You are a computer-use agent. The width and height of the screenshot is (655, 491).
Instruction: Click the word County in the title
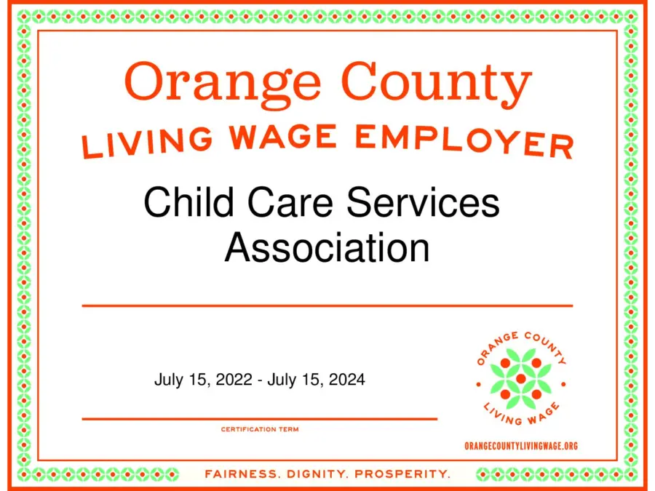437,82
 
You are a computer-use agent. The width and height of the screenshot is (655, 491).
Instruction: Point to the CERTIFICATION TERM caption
260,429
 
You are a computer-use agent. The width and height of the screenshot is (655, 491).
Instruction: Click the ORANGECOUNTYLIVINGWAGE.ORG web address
520,446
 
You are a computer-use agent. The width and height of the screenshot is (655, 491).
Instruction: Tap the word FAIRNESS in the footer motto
241,474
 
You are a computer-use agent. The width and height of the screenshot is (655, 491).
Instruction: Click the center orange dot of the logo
520,379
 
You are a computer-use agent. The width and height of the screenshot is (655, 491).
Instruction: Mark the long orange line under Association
327,306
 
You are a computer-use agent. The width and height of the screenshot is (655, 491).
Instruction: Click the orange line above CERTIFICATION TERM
260,419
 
